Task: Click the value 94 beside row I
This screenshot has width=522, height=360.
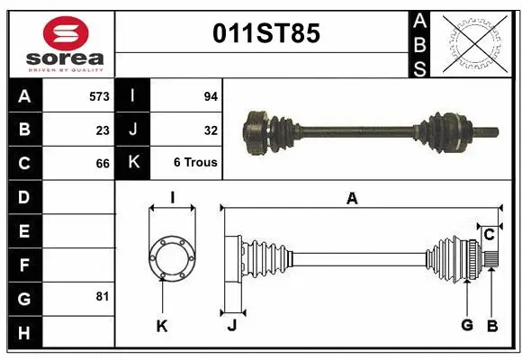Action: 211,94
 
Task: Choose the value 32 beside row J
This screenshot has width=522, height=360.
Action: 211,130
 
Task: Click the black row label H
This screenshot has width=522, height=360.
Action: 23,334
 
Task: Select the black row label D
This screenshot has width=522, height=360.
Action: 23,196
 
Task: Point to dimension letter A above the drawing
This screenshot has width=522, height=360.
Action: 352,199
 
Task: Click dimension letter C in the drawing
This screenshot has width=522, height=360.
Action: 489,235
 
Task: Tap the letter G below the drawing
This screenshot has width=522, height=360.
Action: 467,326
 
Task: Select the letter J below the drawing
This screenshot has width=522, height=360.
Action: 231,326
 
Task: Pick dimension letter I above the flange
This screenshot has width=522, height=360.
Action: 171,197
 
